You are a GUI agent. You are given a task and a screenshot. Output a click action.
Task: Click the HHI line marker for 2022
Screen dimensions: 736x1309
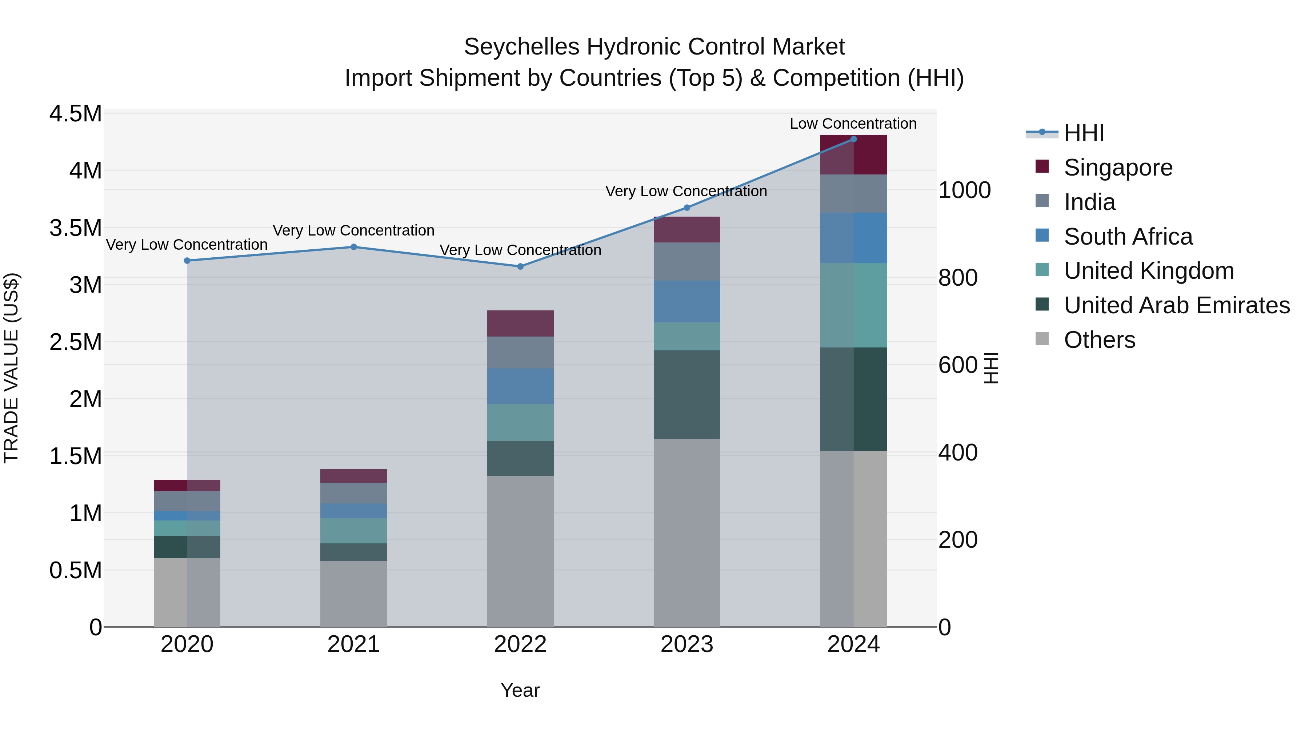(x=520, y=266)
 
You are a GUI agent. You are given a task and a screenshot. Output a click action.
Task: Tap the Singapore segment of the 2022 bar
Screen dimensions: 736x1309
(x=520, y=323)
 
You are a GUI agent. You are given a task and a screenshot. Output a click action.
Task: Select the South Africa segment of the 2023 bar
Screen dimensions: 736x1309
(x=686, y=301)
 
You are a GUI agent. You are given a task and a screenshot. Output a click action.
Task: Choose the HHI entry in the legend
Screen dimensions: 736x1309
(x=1084, y=133)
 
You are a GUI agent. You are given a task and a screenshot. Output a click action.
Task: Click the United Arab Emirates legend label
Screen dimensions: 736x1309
(x=1177, y=305)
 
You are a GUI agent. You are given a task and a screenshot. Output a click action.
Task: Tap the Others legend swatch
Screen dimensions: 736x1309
(x=1042, y=339)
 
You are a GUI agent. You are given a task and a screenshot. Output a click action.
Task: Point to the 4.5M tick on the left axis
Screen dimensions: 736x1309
(x=75, y=114)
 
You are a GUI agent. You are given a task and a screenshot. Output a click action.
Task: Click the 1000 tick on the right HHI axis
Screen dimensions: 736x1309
(x=964, y=190)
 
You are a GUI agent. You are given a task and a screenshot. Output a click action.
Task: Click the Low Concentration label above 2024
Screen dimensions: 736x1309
(x=853, y=124)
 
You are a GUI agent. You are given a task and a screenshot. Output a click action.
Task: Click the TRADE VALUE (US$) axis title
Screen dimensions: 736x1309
(x=11, y=368)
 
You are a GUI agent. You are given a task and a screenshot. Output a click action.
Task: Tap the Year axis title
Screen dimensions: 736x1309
(x=520, y=690)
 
